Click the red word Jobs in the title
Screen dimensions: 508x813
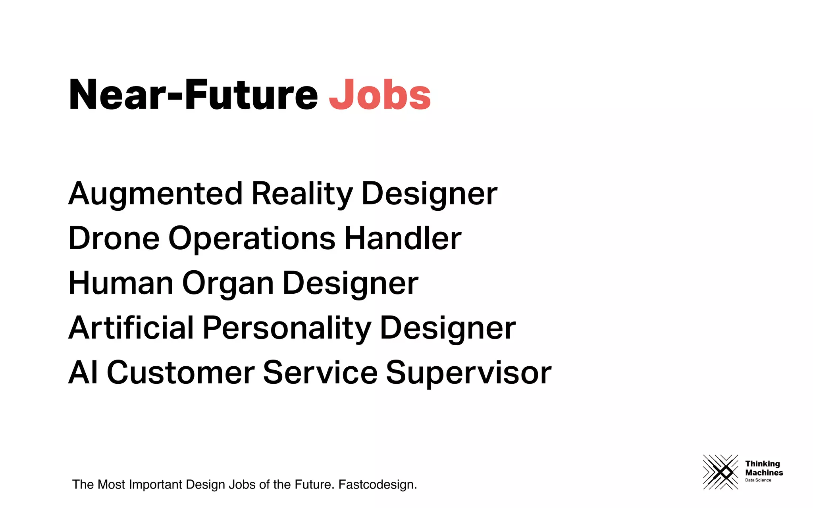pos(380,95)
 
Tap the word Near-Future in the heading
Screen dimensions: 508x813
pos(193,95)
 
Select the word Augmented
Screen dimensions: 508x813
pos(155,194)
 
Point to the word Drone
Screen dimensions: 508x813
pos(114,238)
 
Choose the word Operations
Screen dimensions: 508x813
pos(252,238)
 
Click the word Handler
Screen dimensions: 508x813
pos(403,238)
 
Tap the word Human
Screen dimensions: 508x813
pos(121,283)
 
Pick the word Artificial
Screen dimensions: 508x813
pos(131,328)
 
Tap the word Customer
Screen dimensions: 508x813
pos(181,373)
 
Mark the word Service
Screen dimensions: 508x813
pos(320,373)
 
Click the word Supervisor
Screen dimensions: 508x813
pos(468,373)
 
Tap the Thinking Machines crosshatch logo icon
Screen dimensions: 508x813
pos(721,472)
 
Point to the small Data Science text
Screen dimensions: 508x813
pos(758,480)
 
